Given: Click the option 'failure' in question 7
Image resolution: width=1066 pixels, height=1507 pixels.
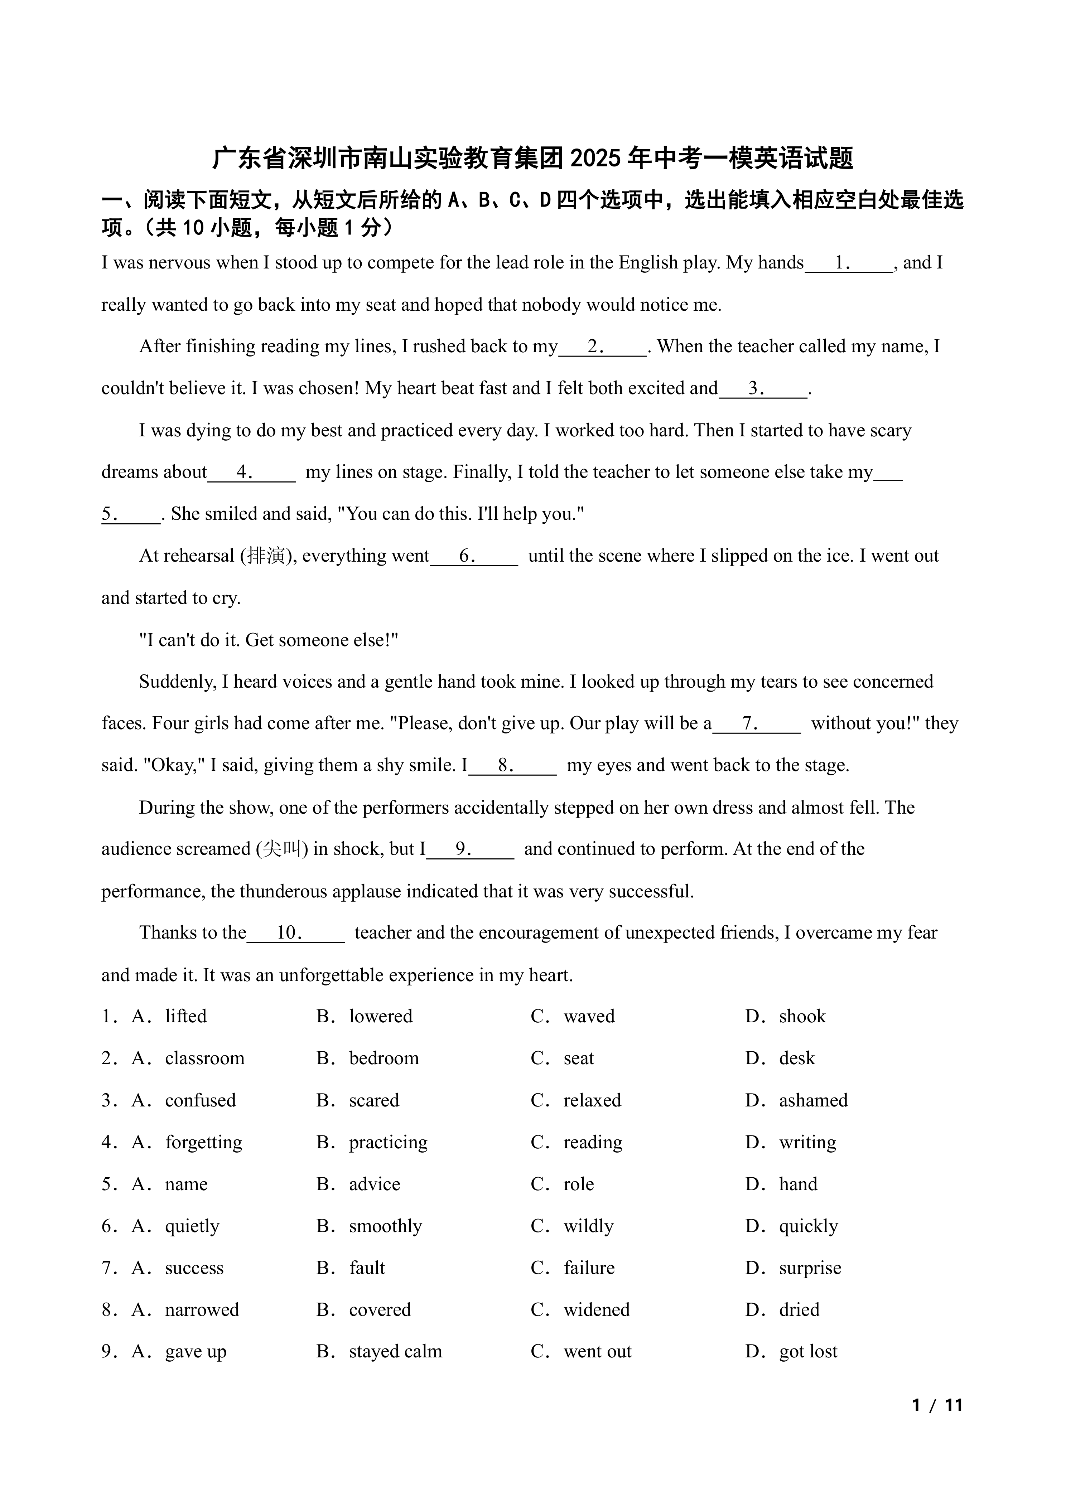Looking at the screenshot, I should [589, 1268].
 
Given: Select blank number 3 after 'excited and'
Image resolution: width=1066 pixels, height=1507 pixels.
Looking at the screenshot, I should [763, 389].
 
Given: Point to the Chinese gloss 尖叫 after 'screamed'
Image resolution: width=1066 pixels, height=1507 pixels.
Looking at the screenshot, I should [281, 849].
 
